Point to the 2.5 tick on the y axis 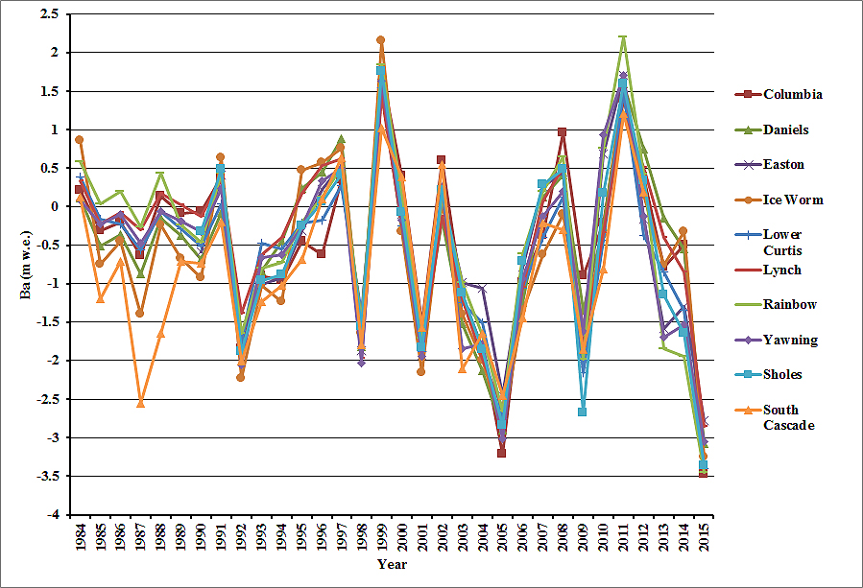click(x=50, y=14)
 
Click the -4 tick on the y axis click(x=53, y=514)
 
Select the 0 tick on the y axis click(x=55, y=206)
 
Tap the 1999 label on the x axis click(x=381, y=536)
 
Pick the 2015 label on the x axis click(x=703, y=536)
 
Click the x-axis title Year click(x=391, y=564)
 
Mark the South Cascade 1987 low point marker click(x=140, y=404)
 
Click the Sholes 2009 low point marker click(x=582, y=412)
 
